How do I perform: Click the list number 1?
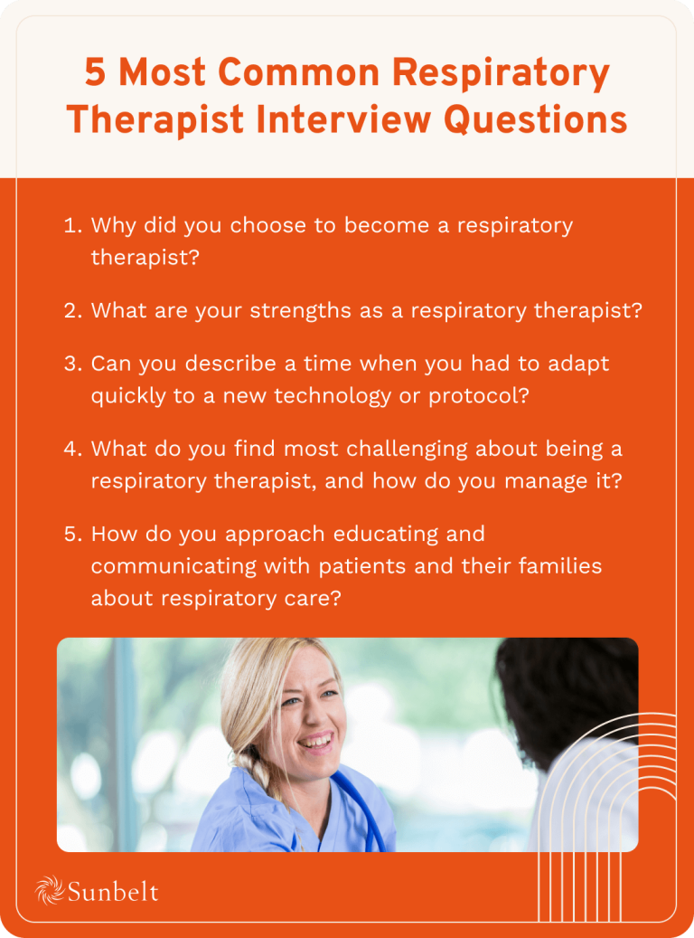pyautogui.click(x=71, y=225)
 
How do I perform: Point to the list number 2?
pyautogui.click(x=72, y=310)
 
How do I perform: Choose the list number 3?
pyautogui.click(x=72, y=364)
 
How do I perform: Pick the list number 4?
pyautogui.click(x=72, y=449)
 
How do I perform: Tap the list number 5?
pyautogui.click(x=72, y=534)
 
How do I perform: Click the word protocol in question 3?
pyautogui.click(x=483, y=395)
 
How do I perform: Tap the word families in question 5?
pyautogui.click(x=554, y=566)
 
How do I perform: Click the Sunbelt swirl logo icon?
pyautogui.click(x=49, y=891)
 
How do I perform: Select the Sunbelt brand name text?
pyautogui.click(x=113, y=892)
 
